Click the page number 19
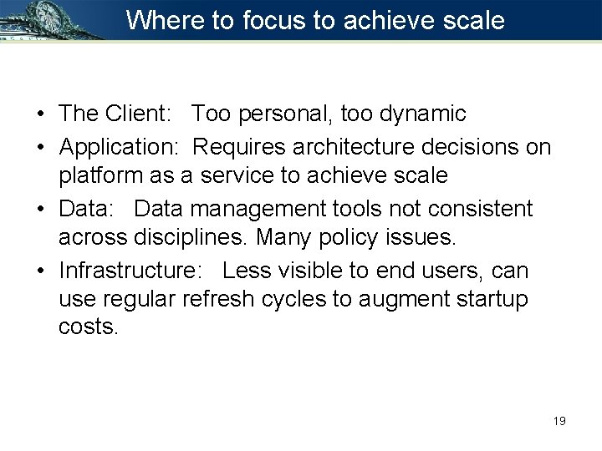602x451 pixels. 559,421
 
